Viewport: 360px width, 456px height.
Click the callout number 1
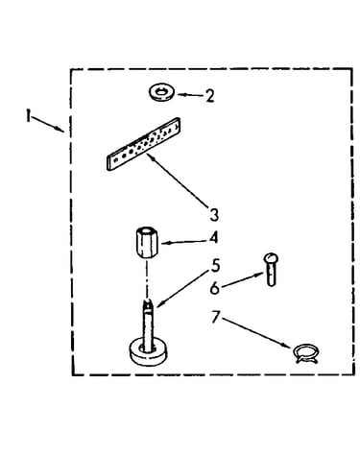[29, 115]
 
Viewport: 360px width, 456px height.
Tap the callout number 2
[210, 96]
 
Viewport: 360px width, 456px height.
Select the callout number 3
[214, 215]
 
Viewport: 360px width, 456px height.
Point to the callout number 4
[213, 238]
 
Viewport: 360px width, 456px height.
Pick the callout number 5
[215, 266]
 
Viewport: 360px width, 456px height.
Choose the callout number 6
[215, 288]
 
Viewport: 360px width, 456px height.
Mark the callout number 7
[216, 317]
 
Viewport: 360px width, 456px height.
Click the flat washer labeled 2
[162, 93]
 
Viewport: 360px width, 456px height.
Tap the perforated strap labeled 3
[143, 144]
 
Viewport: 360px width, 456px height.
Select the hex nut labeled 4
[147, 242]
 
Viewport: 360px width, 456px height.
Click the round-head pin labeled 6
[271, 269]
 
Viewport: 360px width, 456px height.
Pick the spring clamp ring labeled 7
[305, 353]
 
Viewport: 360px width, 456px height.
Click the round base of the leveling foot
[148, 353]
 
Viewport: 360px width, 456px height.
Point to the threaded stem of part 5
[148, 324]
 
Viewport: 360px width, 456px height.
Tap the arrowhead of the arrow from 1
[60, 130]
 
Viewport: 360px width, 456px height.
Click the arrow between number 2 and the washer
[190, 95]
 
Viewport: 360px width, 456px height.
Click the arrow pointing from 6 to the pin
[242, 280]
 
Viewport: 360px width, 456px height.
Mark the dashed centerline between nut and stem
[147, 277]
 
